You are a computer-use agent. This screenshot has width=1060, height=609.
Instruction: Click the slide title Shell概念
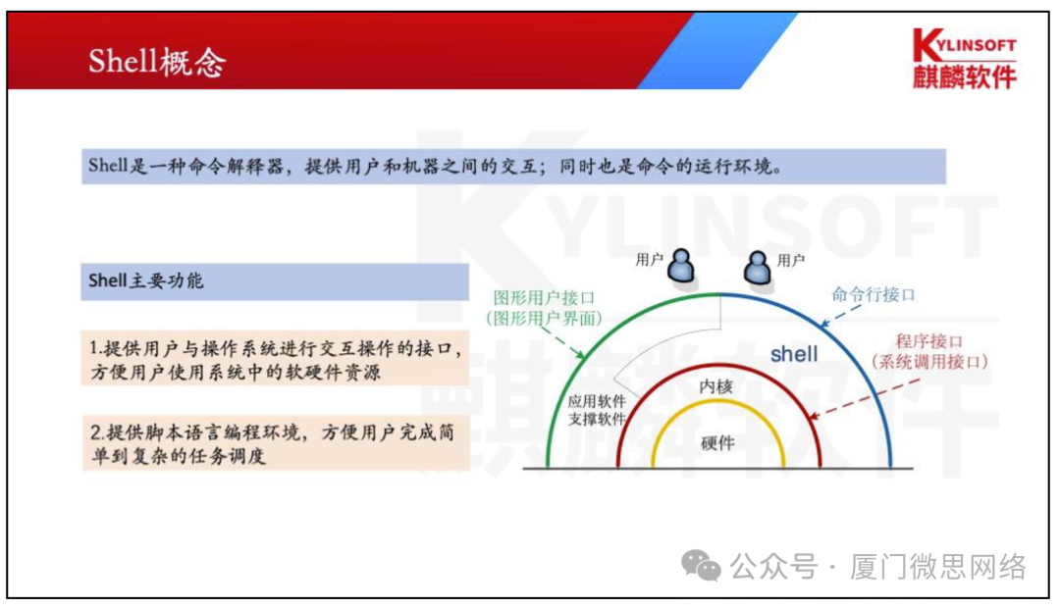157,62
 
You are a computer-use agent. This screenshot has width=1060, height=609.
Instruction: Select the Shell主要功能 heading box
275,280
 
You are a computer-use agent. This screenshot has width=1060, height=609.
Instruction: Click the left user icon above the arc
681,264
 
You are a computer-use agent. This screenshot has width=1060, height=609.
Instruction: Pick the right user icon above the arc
756,264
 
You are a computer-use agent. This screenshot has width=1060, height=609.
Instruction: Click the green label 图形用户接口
546,298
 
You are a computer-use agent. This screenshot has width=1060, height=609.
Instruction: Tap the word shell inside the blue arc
793,354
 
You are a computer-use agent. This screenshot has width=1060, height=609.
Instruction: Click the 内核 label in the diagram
716,386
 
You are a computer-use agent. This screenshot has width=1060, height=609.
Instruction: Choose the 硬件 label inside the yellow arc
716,442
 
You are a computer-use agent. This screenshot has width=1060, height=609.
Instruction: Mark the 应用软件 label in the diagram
597,402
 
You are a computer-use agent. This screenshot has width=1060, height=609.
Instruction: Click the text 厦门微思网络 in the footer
938,567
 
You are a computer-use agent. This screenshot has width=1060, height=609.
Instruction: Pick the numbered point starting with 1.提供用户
275,360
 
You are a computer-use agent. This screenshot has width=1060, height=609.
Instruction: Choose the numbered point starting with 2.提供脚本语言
275,443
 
